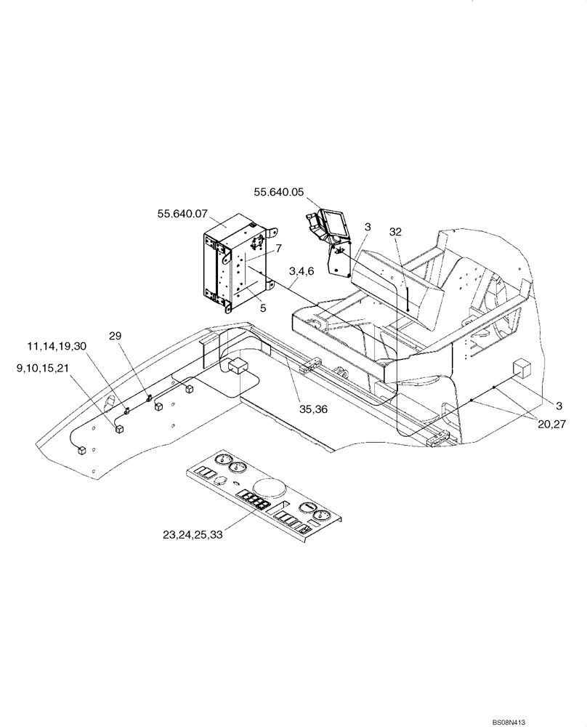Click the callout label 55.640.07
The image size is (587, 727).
pyautogui.click(x=182, y=214)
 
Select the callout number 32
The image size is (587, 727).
pyautogui.click(x=395, y=231)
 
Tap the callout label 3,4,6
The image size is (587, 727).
pyautogui.click(x=301, y=270)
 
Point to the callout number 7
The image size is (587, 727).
pyautogui.click(x=279, y=249)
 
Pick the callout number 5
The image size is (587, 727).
pyautogui.click(x=263, y=308)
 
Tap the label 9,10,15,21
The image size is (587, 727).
pyautogui.click(x=43, y=369)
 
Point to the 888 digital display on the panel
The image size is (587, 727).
pyautogui.click(x=257, y=501)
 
